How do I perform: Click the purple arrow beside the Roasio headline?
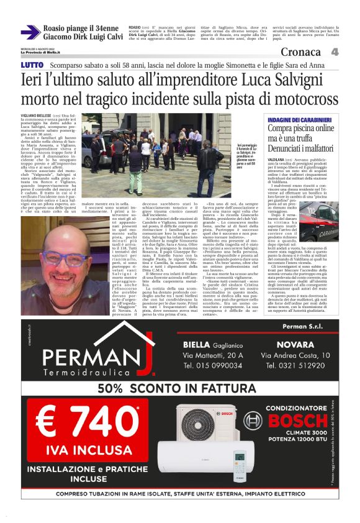(30, 32)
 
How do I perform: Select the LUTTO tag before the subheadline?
(32, 65)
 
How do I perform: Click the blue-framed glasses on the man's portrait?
(55, 257)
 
